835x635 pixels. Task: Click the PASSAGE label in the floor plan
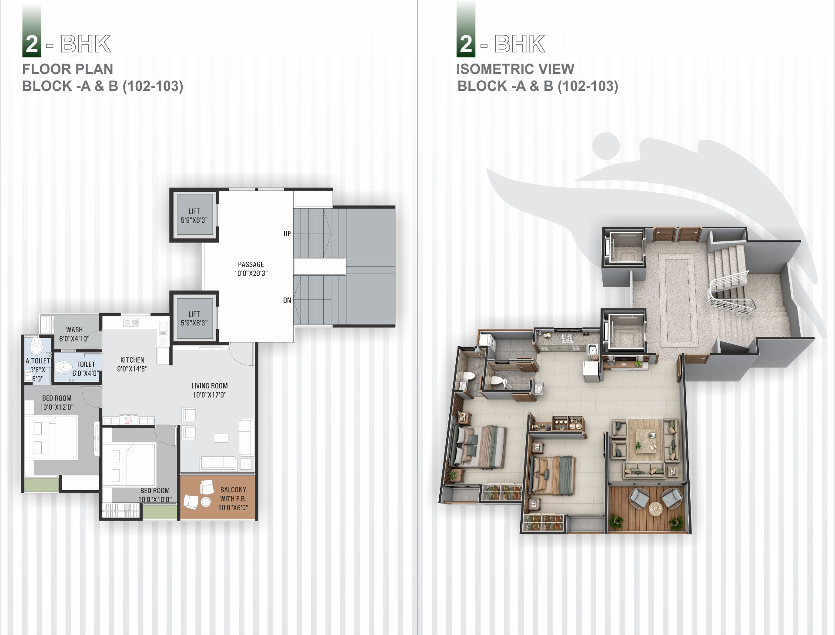click(x=251, y=264)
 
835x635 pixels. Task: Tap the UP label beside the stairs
click(x=287, y=234)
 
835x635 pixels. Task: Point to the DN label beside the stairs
click(x=287, y=300)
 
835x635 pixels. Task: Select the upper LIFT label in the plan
click(x=194, y=211)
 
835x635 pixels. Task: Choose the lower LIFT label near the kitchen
click(x=194, y=314)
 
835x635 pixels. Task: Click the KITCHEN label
click(x=132, y=360)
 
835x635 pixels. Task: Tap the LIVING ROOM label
click(x=210, y=386)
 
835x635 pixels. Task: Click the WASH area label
click(x=74, y=330)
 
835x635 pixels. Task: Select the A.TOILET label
click(x=38, y=361)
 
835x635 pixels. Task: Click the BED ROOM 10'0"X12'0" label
click(x=57, y=402)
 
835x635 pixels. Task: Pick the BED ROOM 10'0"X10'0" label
click(x=155, y=495)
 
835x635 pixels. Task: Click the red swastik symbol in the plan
click(x=129, y=420)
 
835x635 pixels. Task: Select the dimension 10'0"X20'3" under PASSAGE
click(x=251, y=274)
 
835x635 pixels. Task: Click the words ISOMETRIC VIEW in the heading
click(x=515, y=69)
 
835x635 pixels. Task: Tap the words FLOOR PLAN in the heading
click(x=68, y=69)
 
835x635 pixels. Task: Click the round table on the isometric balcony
click(x=655, y=508)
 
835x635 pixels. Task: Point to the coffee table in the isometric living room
click(x=646, y=440)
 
